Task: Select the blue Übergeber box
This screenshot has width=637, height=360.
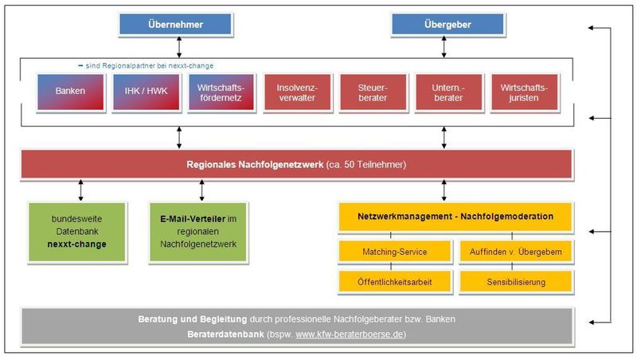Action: pos(443,25)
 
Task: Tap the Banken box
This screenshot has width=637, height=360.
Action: pos(70,92)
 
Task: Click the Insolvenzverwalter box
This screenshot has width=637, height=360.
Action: pos(299,92)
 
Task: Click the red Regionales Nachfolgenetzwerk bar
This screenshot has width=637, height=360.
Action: pos(296,165)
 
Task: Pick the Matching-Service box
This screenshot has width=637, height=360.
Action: pos(395,252)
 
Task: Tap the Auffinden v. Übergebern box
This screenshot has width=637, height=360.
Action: pos(516,252)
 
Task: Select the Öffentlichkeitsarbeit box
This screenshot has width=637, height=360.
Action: pos(395,282)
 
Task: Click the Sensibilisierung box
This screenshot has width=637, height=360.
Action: pos(516,282)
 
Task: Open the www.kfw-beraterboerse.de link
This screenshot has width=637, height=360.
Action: pos(350,335)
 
